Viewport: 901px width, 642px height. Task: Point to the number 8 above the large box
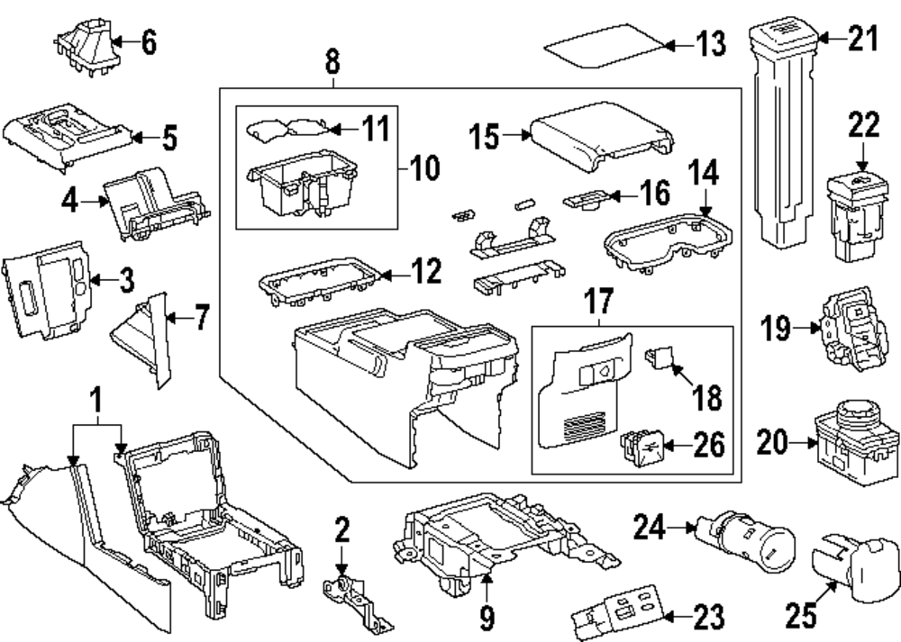point(332,62)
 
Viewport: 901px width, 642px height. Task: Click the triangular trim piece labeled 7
point(143,338)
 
